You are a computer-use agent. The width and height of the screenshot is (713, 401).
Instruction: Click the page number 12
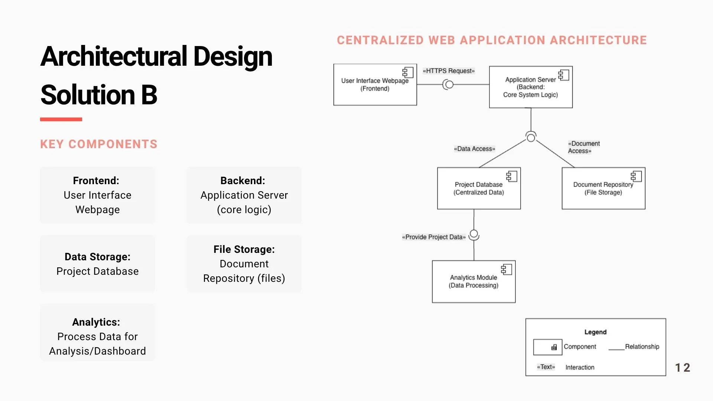coord(682,368)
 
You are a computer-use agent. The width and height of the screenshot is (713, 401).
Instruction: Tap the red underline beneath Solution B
coord(61,119)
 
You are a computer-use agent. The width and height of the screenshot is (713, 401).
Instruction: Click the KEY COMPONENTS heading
coord(99,144)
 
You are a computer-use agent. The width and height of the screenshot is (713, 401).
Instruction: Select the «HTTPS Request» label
coord(449,71)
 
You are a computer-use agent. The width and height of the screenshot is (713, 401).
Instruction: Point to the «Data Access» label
coord(474,149)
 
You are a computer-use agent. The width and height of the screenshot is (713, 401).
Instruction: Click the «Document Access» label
coord(583,147)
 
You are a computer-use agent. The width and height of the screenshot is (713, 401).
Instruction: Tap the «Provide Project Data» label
coord(434,237)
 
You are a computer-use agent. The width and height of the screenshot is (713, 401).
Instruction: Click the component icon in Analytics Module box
coord(507,269)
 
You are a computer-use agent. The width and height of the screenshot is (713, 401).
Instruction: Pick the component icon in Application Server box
coord(564,75)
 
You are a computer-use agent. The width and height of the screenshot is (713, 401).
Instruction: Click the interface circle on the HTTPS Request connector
coord(449,85)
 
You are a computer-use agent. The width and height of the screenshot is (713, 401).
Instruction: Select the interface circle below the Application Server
coord(531,137)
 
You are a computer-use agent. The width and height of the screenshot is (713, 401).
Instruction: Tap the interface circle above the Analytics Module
coord(474,235)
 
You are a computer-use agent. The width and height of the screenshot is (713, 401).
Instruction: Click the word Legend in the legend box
coord(595,332)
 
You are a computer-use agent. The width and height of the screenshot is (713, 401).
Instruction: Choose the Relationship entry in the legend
coord(642,346)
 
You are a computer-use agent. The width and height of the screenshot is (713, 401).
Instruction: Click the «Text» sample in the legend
coord(546,367)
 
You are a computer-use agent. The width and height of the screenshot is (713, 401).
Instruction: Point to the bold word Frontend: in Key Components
coord(96,181)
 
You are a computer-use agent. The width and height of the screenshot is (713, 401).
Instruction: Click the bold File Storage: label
coord(244,250)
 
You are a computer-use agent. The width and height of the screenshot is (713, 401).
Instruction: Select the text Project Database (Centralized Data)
coord(478,188)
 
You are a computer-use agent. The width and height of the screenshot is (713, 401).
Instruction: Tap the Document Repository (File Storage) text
coord(603,188)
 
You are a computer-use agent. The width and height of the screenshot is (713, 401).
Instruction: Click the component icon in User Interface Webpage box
coord(408,72)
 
